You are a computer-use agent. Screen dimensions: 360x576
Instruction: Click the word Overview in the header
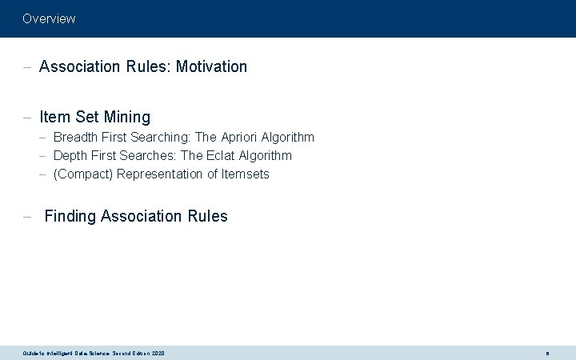click(49, 18)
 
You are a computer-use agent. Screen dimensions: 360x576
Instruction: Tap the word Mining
click(126, 117)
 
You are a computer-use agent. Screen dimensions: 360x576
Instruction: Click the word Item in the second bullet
click(54, 117)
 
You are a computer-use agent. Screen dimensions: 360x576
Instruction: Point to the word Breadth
click(75, 138)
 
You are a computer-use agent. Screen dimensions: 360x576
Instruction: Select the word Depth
click(70, 155)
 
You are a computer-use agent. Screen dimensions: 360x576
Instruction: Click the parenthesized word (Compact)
click(83, 174)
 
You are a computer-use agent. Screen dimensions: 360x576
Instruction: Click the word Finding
click(70, 216)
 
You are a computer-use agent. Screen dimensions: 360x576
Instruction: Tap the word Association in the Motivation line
click(79, 66)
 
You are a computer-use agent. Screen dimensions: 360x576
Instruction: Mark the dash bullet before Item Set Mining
click(27, 118)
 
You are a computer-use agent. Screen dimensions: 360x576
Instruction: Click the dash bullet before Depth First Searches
click(44, 156)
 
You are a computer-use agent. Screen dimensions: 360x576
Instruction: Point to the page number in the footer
click(547, 353)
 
